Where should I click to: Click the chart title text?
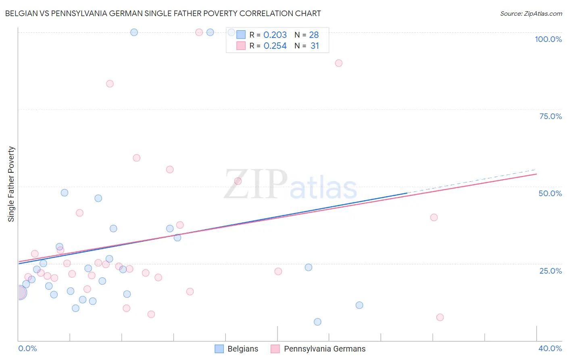pos(163,13)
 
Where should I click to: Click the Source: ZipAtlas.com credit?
pos(531,13)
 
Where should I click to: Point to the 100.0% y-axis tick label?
pos(548,39)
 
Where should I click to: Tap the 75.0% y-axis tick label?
pos(550,116)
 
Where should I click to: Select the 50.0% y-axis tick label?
pos(550,193)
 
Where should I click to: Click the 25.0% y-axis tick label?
pos(550,271)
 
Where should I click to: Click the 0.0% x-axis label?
pos(27,348)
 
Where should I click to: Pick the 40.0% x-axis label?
pos(550,348)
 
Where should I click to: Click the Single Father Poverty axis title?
pos(11,184)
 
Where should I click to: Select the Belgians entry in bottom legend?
pos(242,349)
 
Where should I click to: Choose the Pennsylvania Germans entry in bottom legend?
pos(324,349)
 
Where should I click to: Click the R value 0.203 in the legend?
pos(275,35)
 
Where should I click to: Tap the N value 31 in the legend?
pos(315,46)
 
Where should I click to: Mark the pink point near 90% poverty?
pos(339,63)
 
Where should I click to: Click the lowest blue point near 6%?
pos(317,322)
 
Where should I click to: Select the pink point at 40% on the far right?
pos(434,217)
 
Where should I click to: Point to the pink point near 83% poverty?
pos(110,84)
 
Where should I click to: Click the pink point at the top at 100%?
pos(199,32)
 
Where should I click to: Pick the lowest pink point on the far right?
pos(440,317)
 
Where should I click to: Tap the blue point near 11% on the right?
pos(359,305)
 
